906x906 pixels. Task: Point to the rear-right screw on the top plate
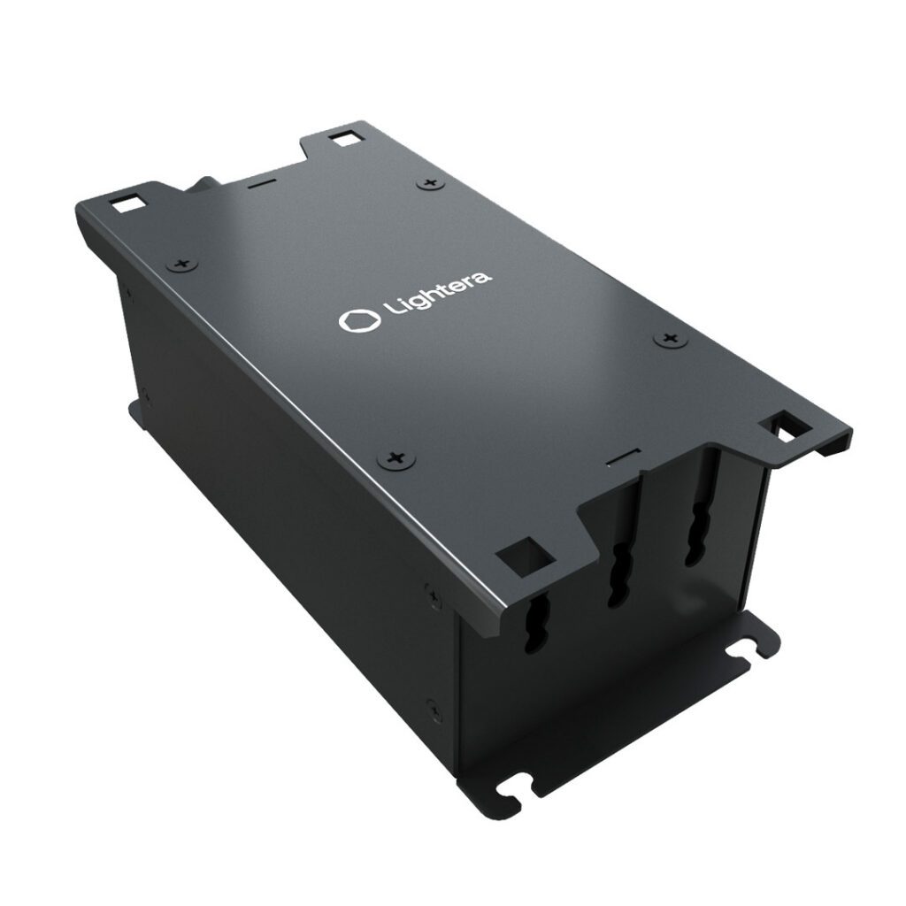[x=431, y=183]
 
